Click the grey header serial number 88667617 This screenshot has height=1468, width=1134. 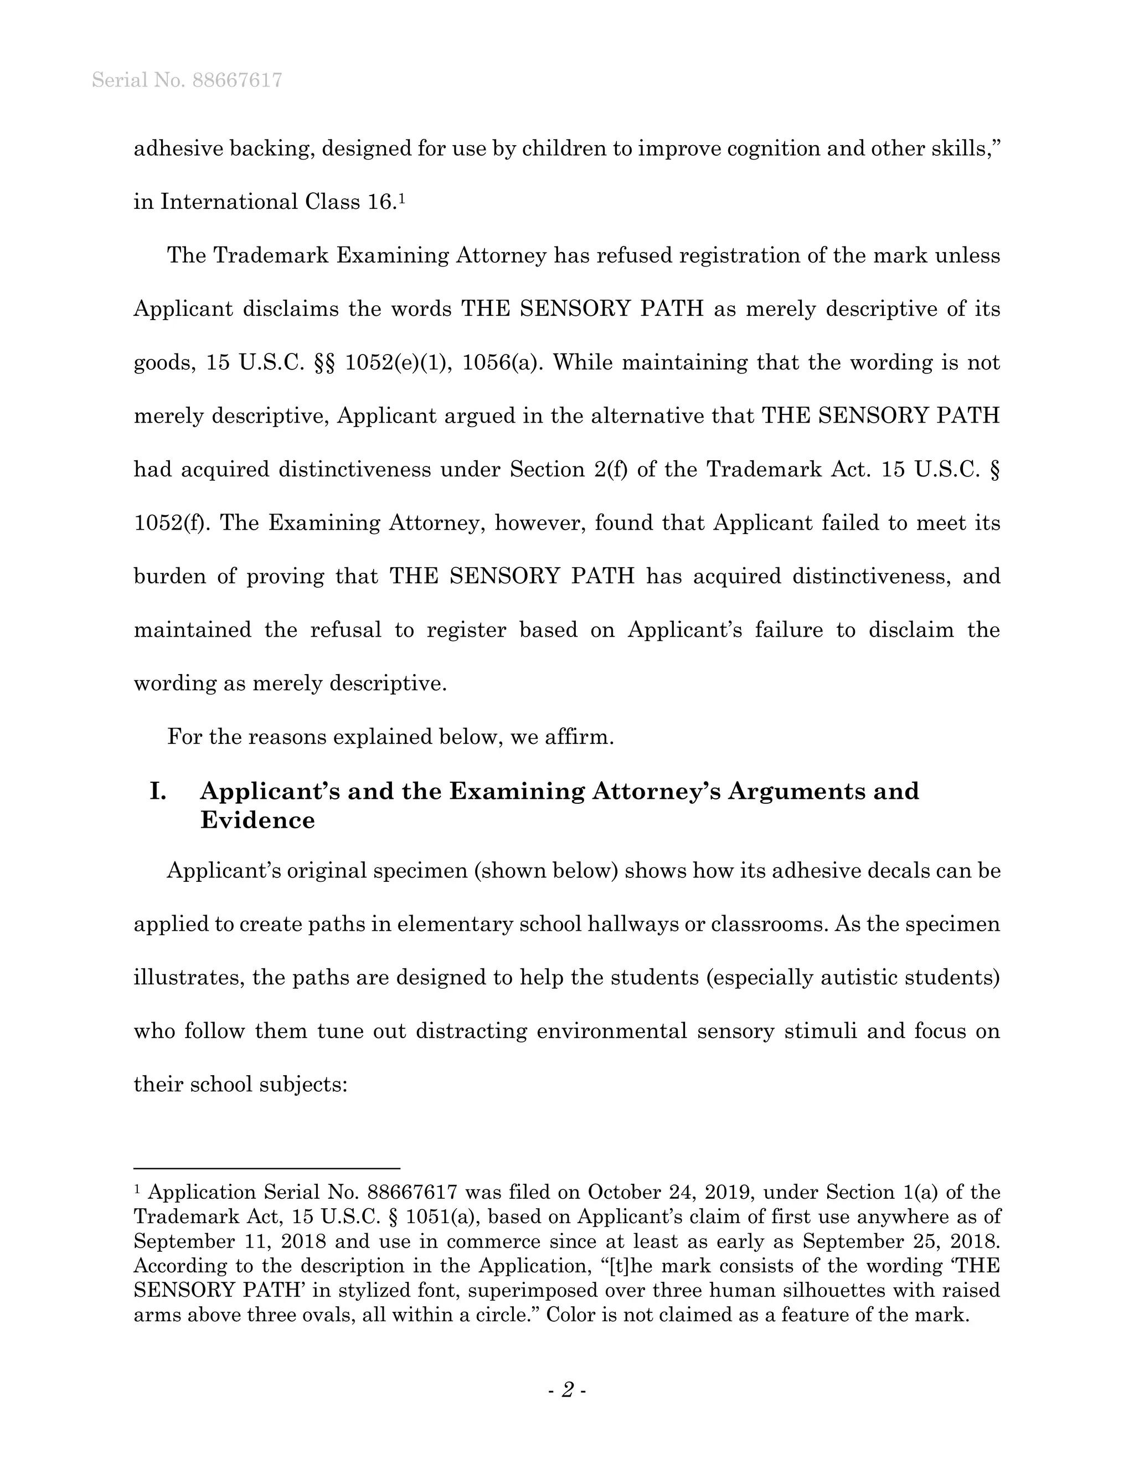pyautogui.click(x=236, y=81)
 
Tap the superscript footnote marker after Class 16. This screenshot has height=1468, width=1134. pyautogui.click(x=402, y=198)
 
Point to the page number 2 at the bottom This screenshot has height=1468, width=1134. pyautogui.click(x=568, y=1389)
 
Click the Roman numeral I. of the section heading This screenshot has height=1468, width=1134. pyautogui.click(x=158, y=791)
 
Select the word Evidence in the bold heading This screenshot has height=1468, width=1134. pyautogui.click(x=257, y=820)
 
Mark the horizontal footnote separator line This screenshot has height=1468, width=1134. pyautogui.click(x=267, y=1169)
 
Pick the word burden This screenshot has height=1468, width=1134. pyautogui.click(x=170, y=577)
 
